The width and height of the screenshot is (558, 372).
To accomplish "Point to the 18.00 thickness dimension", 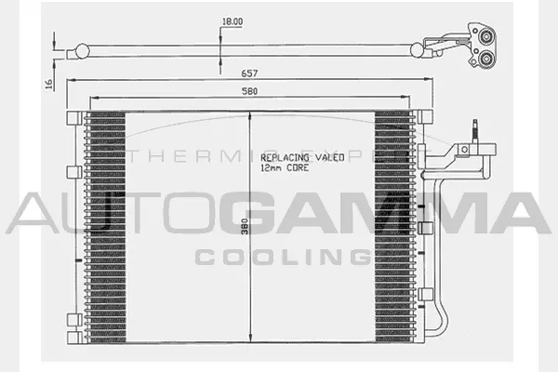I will pyautogui.click(x=232, y=21).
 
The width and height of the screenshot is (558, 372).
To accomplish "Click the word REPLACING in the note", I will pyautogui.click(x=284, y=158).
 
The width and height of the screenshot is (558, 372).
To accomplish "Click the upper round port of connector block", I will pyautogui.click(x=486, y=36).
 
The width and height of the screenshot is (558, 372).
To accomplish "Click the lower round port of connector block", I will pyautogui.click(x=486, y=60).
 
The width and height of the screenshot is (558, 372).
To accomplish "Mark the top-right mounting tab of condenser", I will pyautogui.click(x=427, y=116).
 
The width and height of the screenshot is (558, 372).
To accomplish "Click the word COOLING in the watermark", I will pyautogui.click(x=279, y=256).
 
